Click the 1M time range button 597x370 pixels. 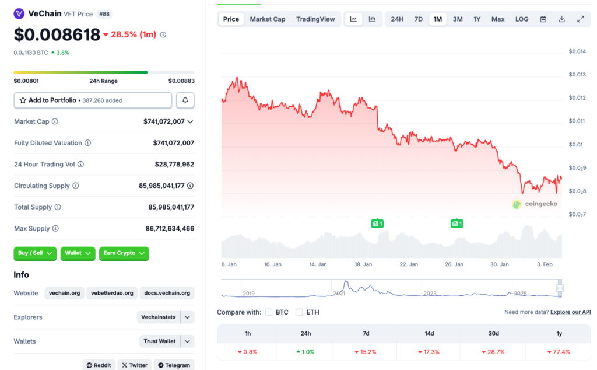[437, 19]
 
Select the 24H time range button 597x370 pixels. [397, 19]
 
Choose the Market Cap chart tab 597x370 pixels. [268, 19]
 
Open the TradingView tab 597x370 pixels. [315, 19]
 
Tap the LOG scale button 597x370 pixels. [522, 19]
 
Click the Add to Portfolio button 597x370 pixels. [93, 100]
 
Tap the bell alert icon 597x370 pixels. [185, 100]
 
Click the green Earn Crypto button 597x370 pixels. [124, 253]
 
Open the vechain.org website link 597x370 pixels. [65, 293]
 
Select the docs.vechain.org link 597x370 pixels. [167, 293]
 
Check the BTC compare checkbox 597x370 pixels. [269, 312]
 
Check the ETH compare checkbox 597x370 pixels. [299, 312]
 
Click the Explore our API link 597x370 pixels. [570, 312]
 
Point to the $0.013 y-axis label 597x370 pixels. [577, 75]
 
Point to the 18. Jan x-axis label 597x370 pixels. [363, 264]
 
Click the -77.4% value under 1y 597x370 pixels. [559, 352]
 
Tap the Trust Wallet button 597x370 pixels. [160, 341]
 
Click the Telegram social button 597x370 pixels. [174, 365]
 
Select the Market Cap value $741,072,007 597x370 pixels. [164, 121]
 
